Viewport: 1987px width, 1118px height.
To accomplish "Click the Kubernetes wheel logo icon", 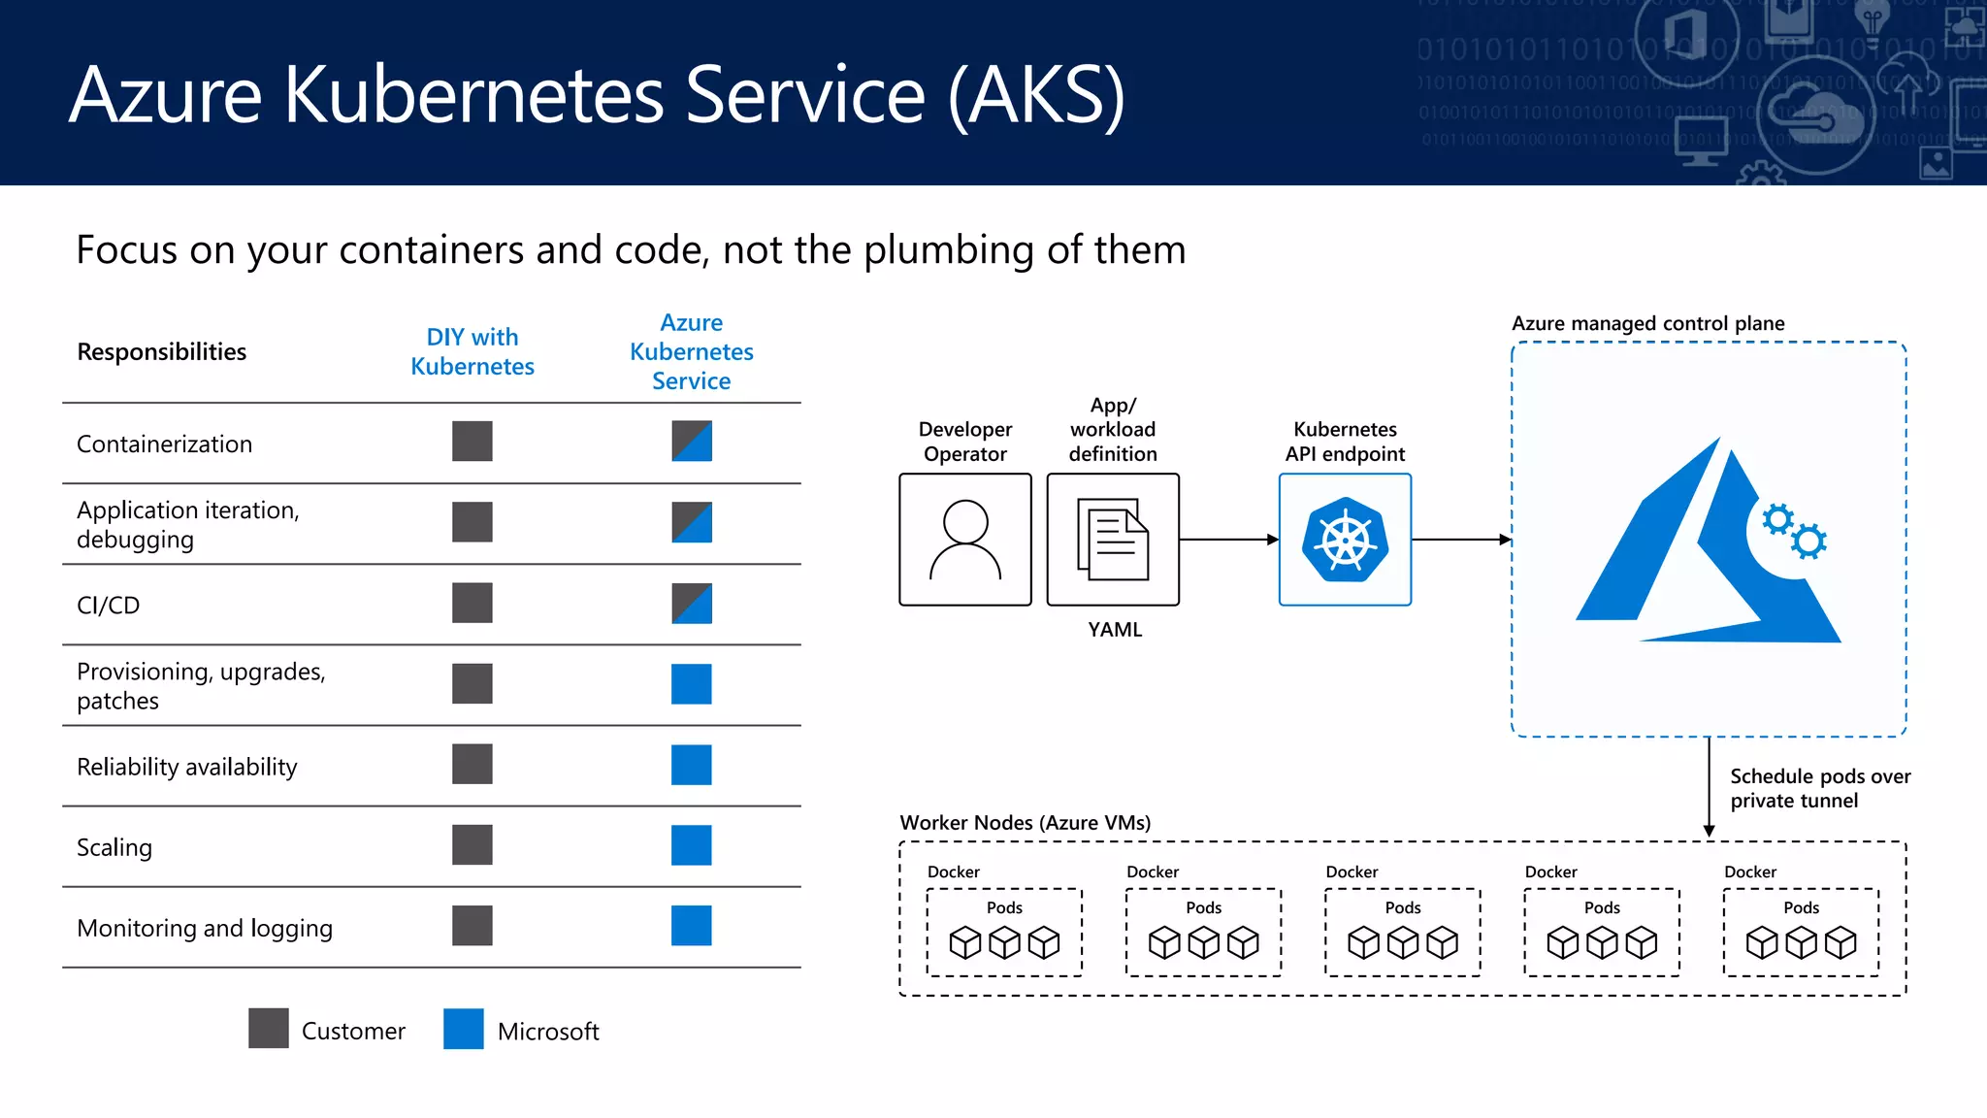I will tap(1345, 540).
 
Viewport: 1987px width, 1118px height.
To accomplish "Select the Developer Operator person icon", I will tap(965, 540).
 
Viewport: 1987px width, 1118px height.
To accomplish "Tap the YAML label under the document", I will tap(1115, 630).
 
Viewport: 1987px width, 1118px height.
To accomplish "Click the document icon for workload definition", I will tap(1113, 540).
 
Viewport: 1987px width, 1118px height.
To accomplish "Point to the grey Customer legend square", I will tap(269, 1029).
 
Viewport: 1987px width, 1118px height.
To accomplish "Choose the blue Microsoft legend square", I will tap(464, 1029).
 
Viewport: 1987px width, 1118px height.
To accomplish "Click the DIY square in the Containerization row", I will tap(472, 442).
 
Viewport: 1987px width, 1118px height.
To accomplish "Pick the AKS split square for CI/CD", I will tap(692, 604).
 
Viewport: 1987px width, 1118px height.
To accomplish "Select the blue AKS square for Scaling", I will tap(692, 845).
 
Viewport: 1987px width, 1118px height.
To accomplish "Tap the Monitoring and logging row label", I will tap(205, 929).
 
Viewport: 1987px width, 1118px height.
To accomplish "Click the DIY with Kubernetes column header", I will tap(472, 351).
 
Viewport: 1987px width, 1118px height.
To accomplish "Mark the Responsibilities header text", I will tap(162, 351).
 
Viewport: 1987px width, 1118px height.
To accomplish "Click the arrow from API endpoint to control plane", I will tap(1461, 540).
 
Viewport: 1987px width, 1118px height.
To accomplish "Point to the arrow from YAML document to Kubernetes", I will tap(1228, 540).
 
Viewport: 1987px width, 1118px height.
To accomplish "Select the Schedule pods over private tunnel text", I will tap(1819, 788).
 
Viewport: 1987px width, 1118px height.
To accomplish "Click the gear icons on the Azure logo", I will tap(1794, 531).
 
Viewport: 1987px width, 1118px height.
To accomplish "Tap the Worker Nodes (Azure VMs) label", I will tap(1026, 823).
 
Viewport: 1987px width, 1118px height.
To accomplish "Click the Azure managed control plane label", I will tap(1647, 323).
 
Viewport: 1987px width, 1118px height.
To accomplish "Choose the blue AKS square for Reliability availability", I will tap(692, 765).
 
